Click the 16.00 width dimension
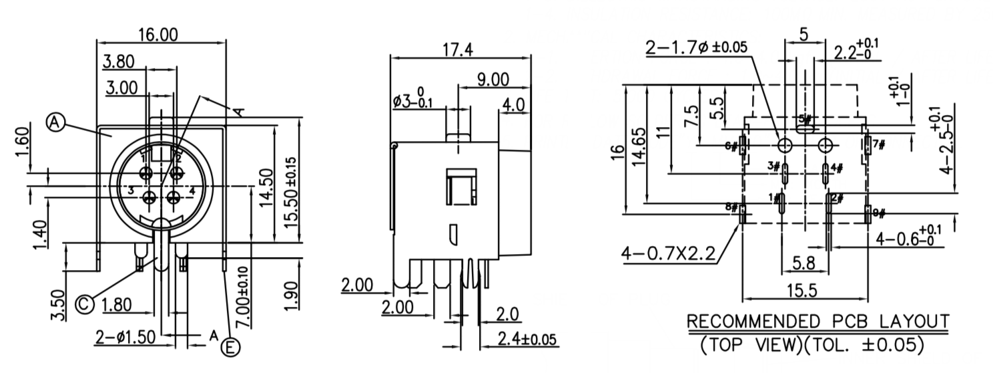click(x=157, y=35)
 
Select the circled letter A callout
click(x=55, y=122)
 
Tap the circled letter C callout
click(x=83, y=305)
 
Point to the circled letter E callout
click(x=231, y=347)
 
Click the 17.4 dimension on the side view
click(x=456, y=49)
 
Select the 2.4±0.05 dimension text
click(x=528, y=339)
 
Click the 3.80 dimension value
click(x=119, y=61)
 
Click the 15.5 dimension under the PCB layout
click(x=804, y=293)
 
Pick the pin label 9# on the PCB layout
click(x=879, y=213)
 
